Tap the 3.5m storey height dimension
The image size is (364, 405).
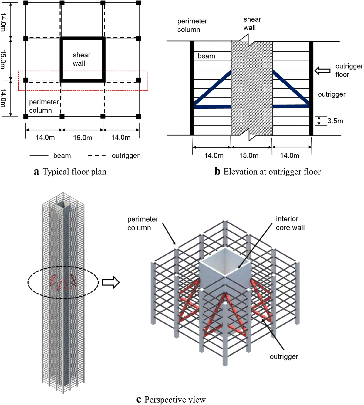coord(335,121)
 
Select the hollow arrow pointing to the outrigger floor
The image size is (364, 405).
coord(322,71)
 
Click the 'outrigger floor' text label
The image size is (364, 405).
coord(349,70)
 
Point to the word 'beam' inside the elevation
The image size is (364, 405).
coord(206,56)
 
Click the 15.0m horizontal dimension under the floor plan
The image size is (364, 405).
coord(83,138)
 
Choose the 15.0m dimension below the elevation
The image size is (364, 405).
coord(249,155)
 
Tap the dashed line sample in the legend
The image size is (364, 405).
coord(97,155)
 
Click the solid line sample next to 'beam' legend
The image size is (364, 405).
coord(39,155)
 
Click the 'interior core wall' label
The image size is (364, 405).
coord(290,223)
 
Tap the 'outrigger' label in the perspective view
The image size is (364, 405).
coord(284,356)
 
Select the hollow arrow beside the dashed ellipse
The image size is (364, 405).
coord(110,282)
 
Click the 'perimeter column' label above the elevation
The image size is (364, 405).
coord(192,25)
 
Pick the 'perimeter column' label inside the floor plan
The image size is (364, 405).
coord(44,106)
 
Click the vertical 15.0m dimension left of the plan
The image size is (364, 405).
coord(3,60)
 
